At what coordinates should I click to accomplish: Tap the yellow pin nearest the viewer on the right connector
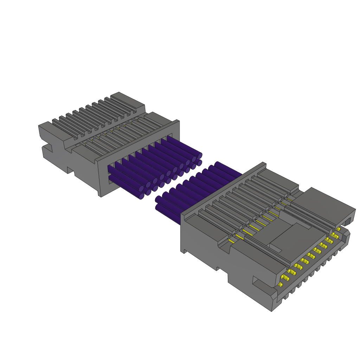281,284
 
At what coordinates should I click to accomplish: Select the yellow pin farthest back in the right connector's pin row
339,229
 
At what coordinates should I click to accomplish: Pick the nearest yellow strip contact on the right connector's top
231,241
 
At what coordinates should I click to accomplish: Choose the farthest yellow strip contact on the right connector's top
289,199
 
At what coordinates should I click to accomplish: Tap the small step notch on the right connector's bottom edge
218,269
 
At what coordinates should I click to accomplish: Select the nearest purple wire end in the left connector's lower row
141,196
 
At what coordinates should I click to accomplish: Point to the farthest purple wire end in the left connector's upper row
200,155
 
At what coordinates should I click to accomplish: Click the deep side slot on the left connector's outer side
48,148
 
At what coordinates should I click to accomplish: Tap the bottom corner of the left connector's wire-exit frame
101,195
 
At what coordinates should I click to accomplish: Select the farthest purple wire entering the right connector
229,169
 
